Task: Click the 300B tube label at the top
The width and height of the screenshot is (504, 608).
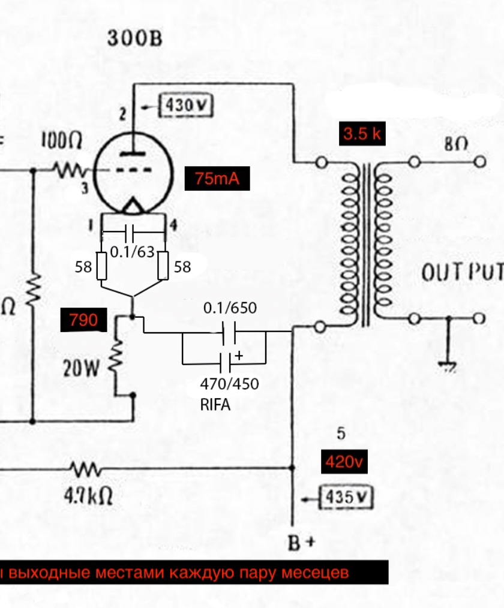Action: [x=134, y=39]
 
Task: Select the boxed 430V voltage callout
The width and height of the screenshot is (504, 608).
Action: [x=186, y=107]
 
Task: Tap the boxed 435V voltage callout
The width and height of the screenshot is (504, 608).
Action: [x=346, y=497]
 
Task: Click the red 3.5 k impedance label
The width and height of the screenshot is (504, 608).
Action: [x=362, y=134]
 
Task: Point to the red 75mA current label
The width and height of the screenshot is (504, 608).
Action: [x=217, y=179]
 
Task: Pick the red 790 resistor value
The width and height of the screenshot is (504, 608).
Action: [x=83, y=321]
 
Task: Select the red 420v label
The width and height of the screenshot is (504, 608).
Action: [x=344, y=462]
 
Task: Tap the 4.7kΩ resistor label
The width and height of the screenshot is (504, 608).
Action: [x=89, y=497]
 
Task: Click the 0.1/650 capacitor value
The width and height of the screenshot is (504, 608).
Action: [x=230, y=308]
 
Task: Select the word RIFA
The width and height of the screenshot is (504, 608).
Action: [x=215, y=404]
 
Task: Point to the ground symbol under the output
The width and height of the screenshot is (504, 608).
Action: [x=448, y=366]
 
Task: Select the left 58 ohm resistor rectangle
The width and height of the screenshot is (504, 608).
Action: [x=102, y=266]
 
